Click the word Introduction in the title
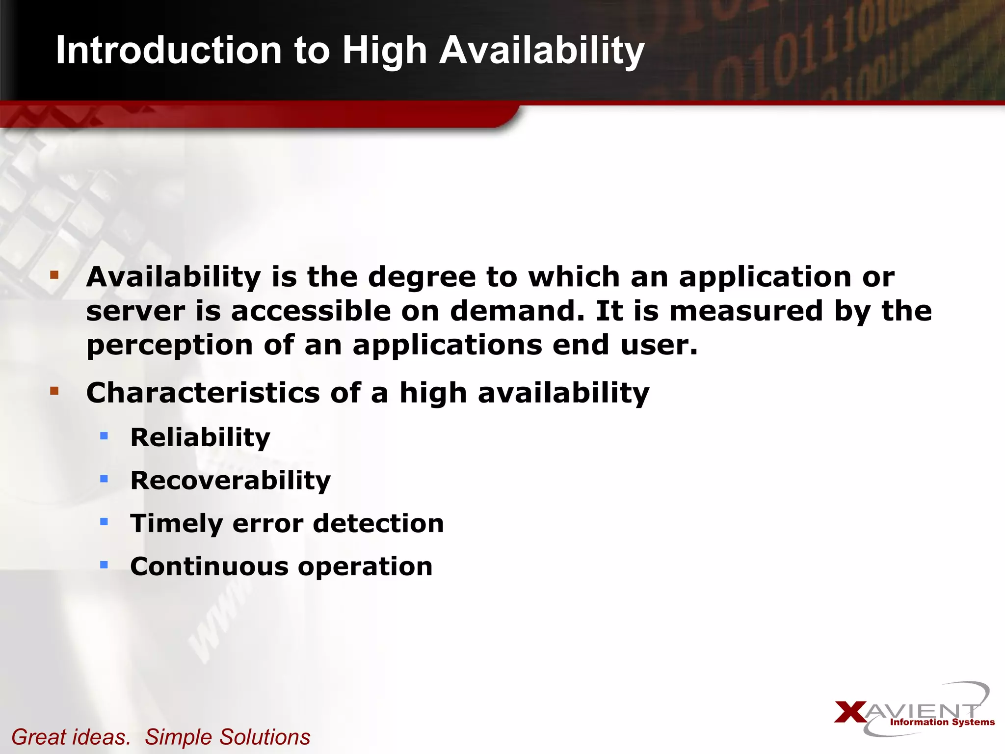168,50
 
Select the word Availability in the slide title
541,51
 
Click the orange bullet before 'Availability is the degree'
54,274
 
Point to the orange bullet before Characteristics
54,391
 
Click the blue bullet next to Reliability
104,435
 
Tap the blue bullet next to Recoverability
104,479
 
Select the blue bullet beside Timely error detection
104,522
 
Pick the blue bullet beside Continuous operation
104,565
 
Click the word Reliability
200,437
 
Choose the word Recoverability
230,481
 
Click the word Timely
176,524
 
